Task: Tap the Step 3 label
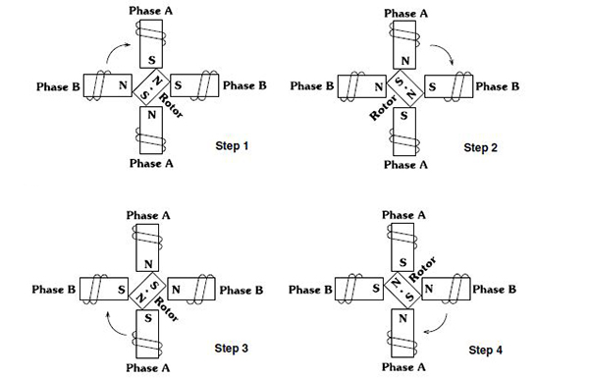[232, 348]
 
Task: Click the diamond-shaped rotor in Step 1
[150, 86]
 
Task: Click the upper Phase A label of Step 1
[151, 9]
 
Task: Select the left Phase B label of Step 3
[54, 290]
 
